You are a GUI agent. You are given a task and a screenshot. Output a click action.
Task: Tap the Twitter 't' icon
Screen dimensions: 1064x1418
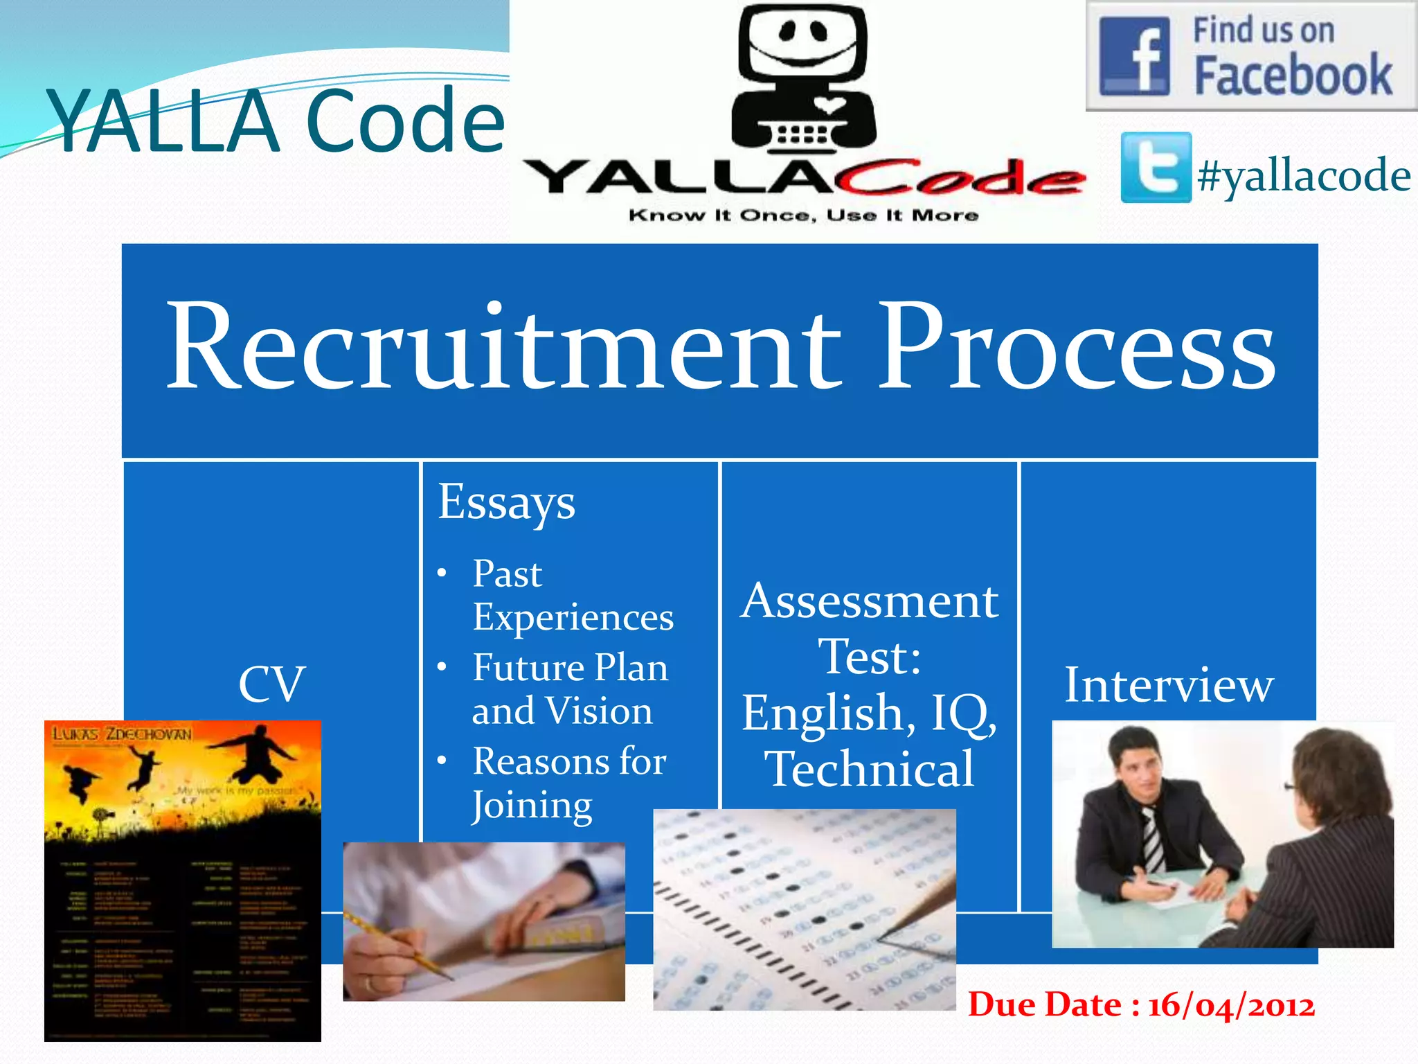click(1156, 168)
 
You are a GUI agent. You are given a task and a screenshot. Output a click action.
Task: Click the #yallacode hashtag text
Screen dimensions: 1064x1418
click(1304, 175)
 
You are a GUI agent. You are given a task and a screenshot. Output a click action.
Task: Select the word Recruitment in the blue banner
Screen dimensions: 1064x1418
click(503, 346)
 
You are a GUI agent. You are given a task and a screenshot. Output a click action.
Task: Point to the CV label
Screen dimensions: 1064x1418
click(271, 684)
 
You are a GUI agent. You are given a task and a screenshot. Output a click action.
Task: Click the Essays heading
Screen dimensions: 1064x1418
click(506, 502)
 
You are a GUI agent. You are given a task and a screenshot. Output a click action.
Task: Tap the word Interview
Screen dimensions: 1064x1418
click(1169, 685)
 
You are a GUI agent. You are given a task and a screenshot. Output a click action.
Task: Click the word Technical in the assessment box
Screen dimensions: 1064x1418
click(870, 769)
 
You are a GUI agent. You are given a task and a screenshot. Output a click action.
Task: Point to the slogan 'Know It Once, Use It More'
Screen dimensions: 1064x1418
click(803, 215)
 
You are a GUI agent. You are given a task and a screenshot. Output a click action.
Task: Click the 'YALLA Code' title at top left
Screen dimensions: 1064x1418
click(276, 121)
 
